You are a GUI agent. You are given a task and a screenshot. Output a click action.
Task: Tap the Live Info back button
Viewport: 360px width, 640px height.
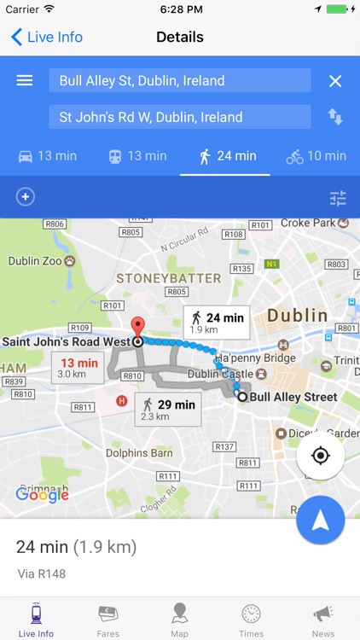(x=47, y=38)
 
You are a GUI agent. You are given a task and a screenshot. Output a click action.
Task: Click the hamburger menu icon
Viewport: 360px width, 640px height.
(x=25, y=80)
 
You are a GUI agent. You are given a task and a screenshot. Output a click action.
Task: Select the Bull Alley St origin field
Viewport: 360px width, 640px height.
(x=179, y=80)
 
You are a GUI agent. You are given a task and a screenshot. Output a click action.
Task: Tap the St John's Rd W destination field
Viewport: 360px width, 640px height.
(x=179, y=117)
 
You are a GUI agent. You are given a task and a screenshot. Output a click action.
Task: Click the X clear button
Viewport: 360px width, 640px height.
(x=335, y=80)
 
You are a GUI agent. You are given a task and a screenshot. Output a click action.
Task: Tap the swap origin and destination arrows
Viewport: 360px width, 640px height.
(x=335, y=117)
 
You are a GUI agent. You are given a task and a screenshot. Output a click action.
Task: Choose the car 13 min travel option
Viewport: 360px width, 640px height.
(x=47, y=156)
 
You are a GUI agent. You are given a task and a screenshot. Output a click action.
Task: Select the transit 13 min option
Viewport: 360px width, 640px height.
(x=136, y=156)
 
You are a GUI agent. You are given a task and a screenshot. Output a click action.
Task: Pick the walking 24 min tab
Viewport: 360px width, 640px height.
(x=226, y=156)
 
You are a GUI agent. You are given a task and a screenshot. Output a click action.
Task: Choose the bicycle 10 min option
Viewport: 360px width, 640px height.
(x=316, y=156)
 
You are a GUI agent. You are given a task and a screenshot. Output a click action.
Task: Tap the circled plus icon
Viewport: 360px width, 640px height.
(x=26, y=197)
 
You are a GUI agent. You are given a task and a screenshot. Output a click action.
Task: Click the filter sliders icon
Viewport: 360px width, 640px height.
(x=338, y=198)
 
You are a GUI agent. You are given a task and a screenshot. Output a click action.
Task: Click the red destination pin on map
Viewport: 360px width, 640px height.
(x=136, y=329)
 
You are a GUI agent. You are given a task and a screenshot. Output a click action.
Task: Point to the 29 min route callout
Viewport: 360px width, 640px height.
(x=167, y=409)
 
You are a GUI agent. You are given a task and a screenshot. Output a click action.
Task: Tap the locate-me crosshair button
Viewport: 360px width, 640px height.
(x=321, y=456)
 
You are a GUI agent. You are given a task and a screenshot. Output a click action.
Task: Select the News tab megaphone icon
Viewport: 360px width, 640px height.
(x=323, y=614)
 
